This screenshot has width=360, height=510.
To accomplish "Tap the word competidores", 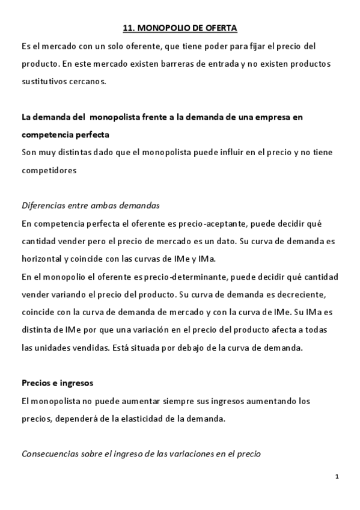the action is tap(49, 170).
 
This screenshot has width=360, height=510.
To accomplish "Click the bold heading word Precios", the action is tap(38, 383).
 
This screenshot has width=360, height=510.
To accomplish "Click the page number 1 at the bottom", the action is tap(337, 477).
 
